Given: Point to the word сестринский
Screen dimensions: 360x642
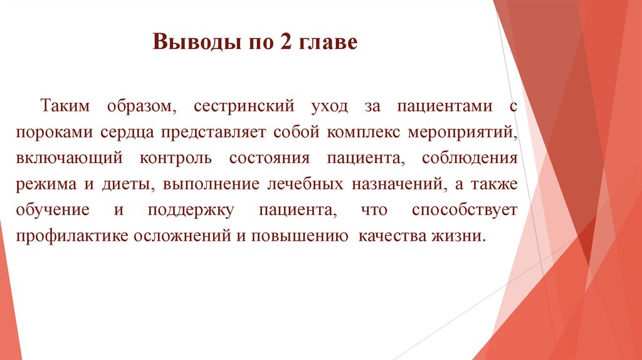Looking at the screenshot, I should pyautogui.click(x=245, y=106).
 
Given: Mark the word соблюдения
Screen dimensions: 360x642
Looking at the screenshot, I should pyautogui.click(x=470, y=159).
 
